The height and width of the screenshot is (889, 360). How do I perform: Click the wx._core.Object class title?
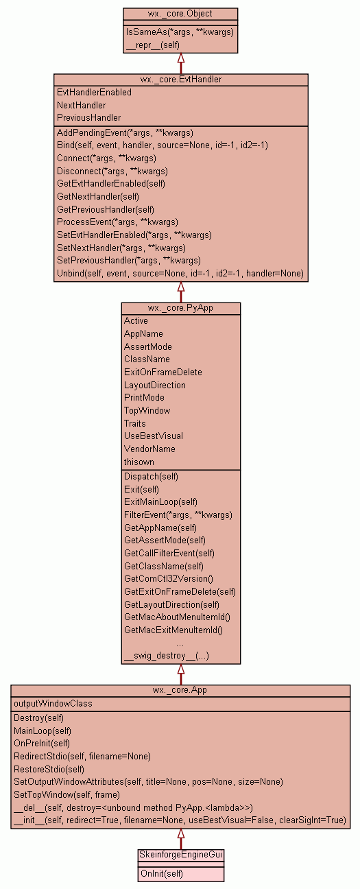pos(180,14)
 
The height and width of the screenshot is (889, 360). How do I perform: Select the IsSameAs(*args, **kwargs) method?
pos(180,32)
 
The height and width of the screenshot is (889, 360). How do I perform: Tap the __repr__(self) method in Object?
pos(153,45)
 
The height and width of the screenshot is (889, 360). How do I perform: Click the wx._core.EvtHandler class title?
pos(181,80)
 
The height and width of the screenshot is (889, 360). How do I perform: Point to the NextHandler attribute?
pos(82,105)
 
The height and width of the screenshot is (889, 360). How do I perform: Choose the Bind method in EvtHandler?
pos(163,145)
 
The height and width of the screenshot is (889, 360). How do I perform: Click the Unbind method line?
pos(180,274)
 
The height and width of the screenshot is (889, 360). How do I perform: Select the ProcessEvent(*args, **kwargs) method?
pos(117,222)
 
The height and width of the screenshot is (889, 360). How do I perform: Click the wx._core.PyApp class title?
pos(180,308)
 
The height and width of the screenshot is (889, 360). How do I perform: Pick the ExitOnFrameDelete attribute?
pos(163,372)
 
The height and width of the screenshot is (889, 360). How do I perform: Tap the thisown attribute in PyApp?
pos(139,462)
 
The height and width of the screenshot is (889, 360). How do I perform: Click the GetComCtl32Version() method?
pos(169,579)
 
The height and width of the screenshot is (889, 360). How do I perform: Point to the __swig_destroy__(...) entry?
pos(167,656)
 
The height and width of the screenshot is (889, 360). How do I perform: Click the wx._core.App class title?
pos(180,690)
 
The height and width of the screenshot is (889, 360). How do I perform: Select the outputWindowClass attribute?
pos(53,704)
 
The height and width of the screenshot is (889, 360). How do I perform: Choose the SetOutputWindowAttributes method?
pos(148,782)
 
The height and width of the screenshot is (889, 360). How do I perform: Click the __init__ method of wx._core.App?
pos(180,820)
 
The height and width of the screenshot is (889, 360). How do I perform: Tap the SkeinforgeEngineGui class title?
pos(181,855)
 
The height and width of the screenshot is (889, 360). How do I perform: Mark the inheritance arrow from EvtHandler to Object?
pos(181,64)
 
